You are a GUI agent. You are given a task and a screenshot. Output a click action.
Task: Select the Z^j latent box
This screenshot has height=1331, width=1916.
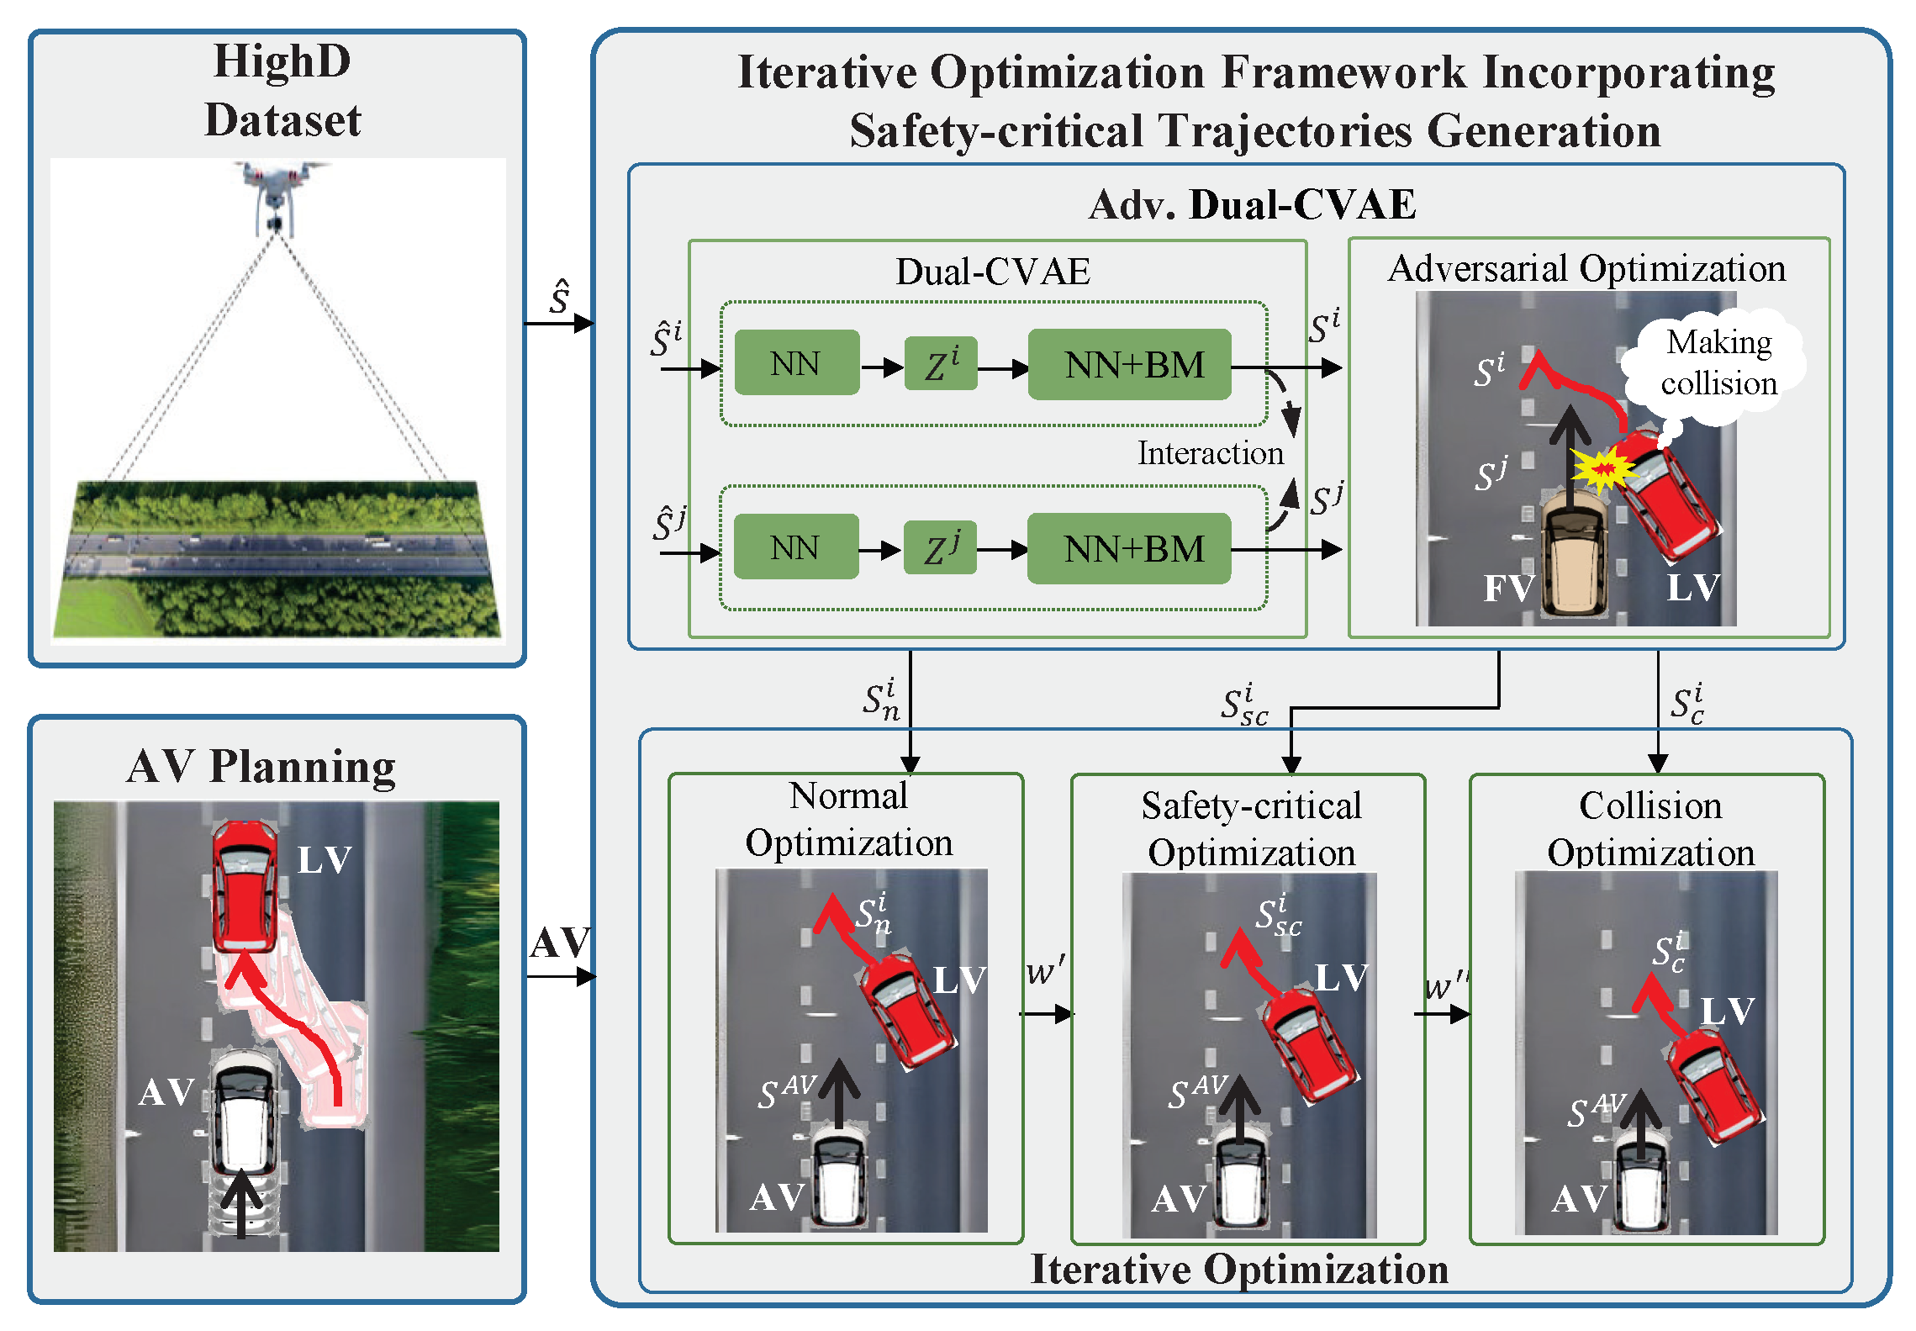[x=940, y=547]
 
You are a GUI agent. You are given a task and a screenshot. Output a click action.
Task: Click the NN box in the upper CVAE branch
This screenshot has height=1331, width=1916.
[x=796, y=363]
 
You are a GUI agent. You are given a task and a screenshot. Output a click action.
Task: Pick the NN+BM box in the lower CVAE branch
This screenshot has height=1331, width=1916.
[x=1129, y=549]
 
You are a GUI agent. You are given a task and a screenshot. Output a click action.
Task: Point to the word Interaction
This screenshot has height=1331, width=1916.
[x=1210, y=453]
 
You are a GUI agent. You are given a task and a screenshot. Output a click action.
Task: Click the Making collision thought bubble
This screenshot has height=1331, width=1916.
[x=1717, y=364]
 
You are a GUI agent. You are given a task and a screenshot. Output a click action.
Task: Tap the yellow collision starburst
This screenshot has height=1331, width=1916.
[x=1602, y=468]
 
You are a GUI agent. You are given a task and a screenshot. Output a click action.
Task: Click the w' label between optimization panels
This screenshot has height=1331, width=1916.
[x=1045, y=971]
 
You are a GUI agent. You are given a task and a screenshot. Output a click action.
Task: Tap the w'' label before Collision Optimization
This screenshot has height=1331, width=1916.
[x=1445, y=985]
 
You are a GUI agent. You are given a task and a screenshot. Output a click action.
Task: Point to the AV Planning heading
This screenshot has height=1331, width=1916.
[x=261, y=766]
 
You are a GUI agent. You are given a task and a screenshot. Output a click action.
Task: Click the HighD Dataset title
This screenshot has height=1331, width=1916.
[x=282, y=90]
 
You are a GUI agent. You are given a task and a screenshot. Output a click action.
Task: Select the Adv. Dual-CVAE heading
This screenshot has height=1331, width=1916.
[x=1252, y=204]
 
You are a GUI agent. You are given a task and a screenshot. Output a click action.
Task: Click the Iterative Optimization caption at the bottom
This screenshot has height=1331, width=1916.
[x=1239, y=1269]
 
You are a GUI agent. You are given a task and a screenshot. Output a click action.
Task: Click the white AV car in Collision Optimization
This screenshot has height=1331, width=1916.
[x=1643, y=1186]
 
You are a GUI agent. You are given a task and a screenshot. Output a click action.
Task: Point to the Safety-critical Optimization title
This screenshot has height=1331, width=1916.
[x=1251, y=828]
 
